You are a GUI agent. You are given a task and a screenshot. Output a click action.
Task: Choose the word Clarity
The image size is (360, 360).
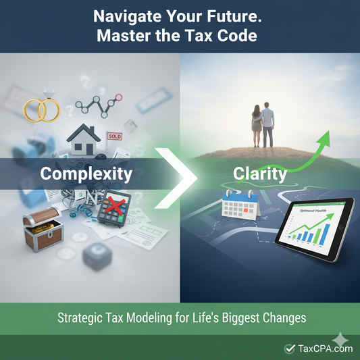click(260, 174)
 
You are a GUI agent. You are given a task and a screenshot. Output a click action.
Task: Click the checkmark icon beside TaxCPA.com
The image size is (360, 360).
click(290, 349)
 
